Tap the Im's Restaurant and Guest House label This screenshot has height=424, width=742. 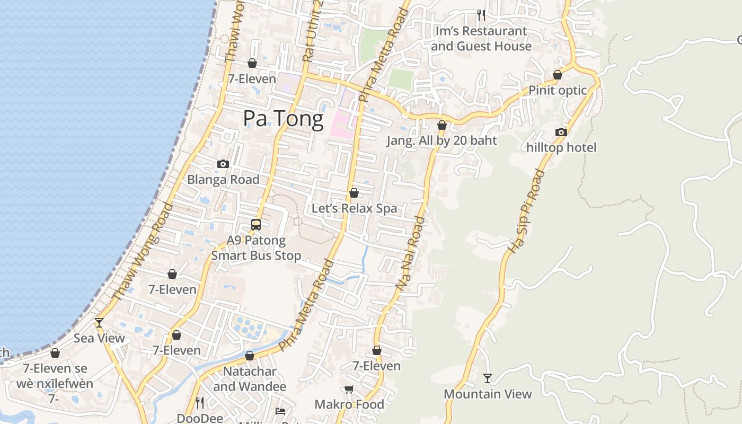[x=481, y=39]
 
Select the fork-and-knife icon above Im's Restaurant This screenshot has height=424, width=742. [x=481, y=15]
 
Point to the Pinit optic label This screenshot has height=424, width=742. [x=558, y=90]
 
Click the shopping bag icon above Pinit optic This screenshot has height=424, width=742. [x=557, y=75]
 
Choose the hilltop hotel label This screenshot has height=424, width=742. [x=561, y=147]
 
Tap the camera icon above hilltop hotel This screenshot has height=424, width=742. [x=561, y=132]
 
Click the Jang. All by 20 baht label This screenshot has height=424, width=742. [x=441, y=140]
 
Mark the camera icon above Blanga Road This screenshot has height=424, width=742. [x=223, y=164]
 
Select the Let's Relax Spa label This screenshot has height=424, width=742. [x=354, y=208]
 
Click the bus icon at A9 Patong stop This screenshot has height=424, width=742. [x=256, y=224]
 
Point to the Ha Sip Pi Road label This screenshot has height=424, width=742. [x=526, y=211]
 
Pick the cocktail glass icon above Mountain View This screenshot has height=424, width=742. [x=488, y=378]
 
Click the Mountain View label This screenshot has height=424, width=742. [x=488, y=394]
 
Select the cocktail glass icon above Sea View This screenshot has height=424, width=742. [x=99, y=323]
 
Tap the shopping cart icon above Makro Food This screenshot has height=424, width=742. [x=349, y=390]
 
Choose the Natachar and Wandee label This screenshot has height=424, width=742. [x=250, y=379]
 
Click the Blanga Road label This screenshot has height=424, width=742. [x=223, y=180]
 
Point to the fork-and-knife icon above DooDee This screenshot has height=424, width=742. [x=199, y=403]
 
